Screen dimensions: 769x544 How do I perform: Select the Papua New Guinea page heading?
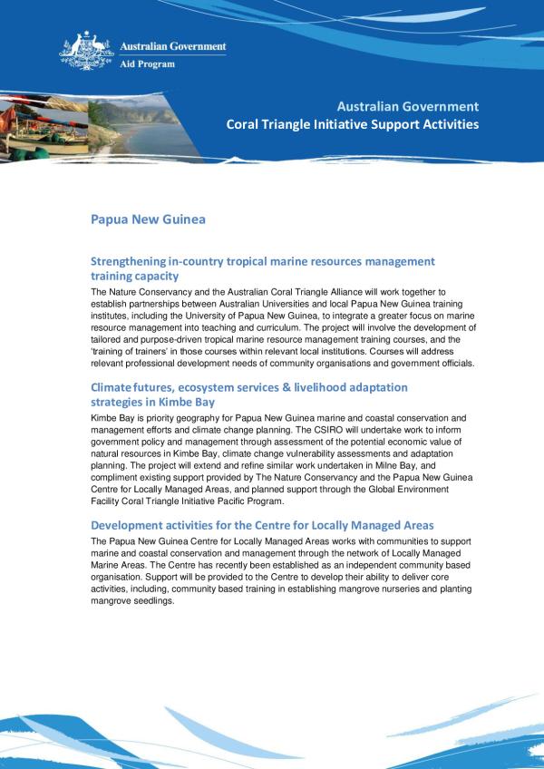(x=149, y=219)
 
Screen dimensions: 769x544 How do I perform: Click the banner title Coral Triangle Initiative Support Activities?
(x=353, y=123)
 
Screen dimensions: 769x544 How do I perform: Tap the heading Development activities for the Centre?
(x=249, y=525)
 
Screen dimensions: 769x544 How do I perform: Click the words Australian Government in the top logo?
(x=173, y=46)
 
